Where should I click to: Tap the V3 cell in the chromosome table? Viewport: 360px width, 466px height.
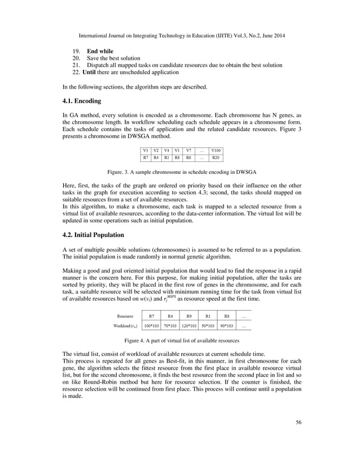tap(146, 150)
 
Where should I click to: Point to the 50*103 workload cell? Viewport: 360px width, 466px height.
tap(208, 326)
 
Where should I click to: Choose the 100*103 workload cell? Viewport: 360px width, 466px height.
tap(151, 326)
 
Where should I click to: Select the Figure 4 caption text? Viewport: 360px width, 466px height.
tap(180, 341)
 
